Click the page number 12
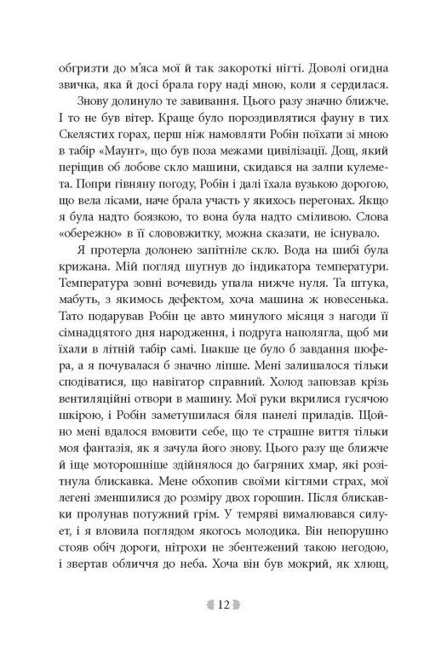pyautogui.click(x=224, y=605)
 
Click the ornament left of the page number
pyautogui.click(x=203, y=605)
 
